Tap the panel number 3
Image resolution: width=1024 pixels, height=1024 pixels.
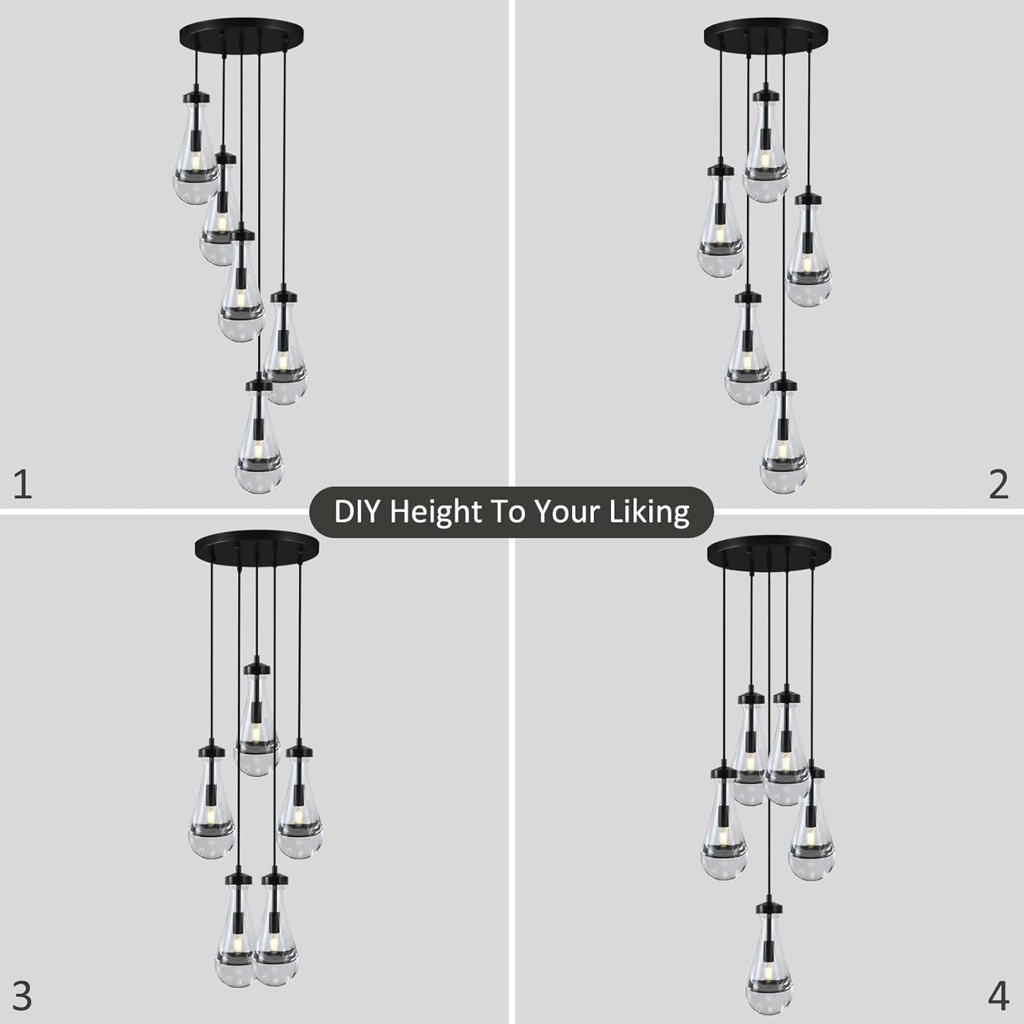click(23, 996)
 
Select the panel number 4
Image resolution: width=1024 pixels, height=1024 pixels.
click(998, 996)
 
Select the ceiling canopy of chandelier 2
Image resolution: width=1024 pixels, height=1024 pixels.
click(766, 33)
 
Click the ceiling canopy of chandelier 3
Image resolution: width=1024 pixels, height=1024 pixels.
click(257, 544)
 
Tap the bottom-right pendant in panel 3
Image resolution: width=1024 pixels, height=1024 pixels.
click(274, 935)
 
